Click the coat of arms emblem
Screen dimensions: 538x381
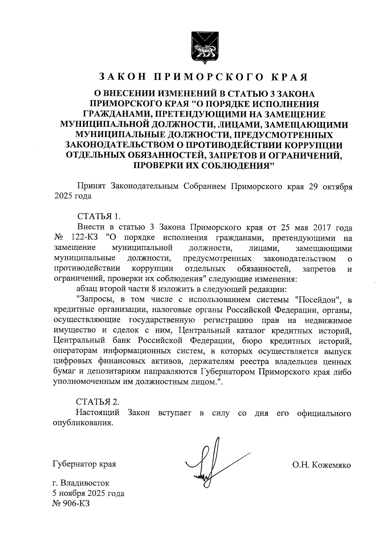[204, 47]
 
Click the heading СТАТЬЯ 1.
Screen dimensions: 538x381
[99, 217]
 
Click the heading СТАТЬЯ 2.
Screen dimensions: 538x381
[98, 402]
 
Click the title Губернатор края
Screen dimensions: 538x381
[84, 464]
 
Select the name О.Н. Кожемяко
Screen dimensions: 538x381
[322, 465]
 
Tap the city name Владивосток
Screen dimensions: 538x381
[85, 483]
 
